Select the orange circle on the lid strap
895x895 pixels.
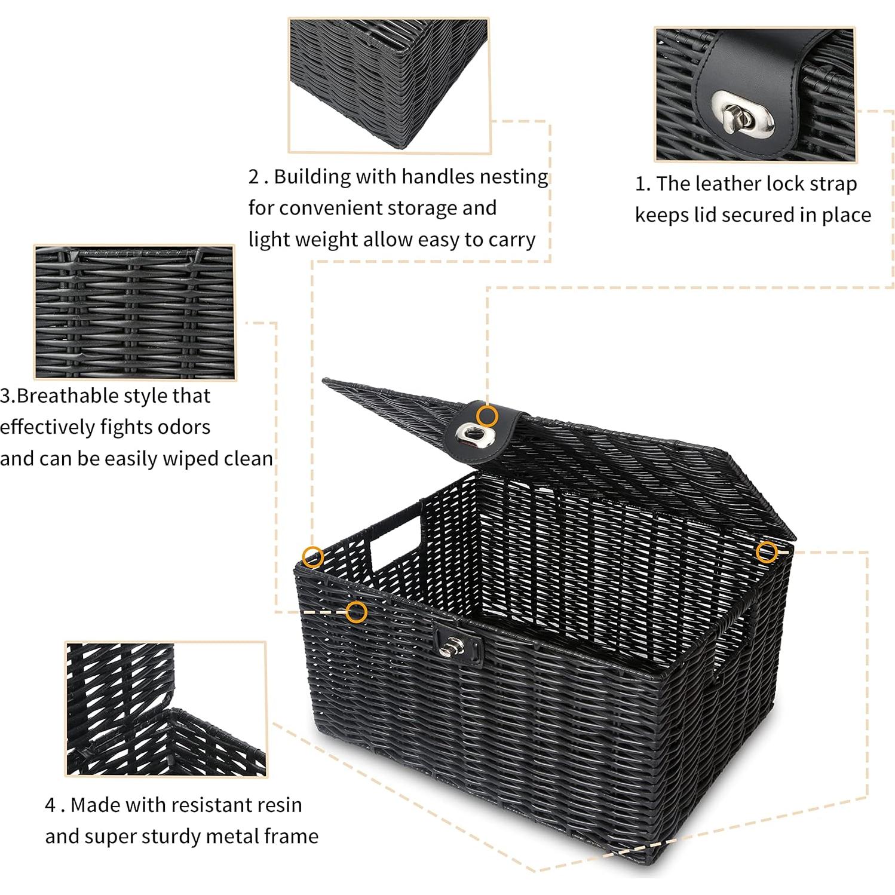[488, 415]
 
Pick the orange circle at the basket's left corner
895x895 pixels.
[312, 557]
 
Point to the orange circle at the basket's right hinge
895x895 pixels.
[767, 552]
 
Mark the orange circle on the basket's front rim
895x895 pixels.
[357, 612]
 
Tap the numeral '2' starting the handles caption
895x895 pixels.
[255, 177]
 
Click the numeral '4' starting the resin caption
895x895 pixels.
[51, 805]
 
